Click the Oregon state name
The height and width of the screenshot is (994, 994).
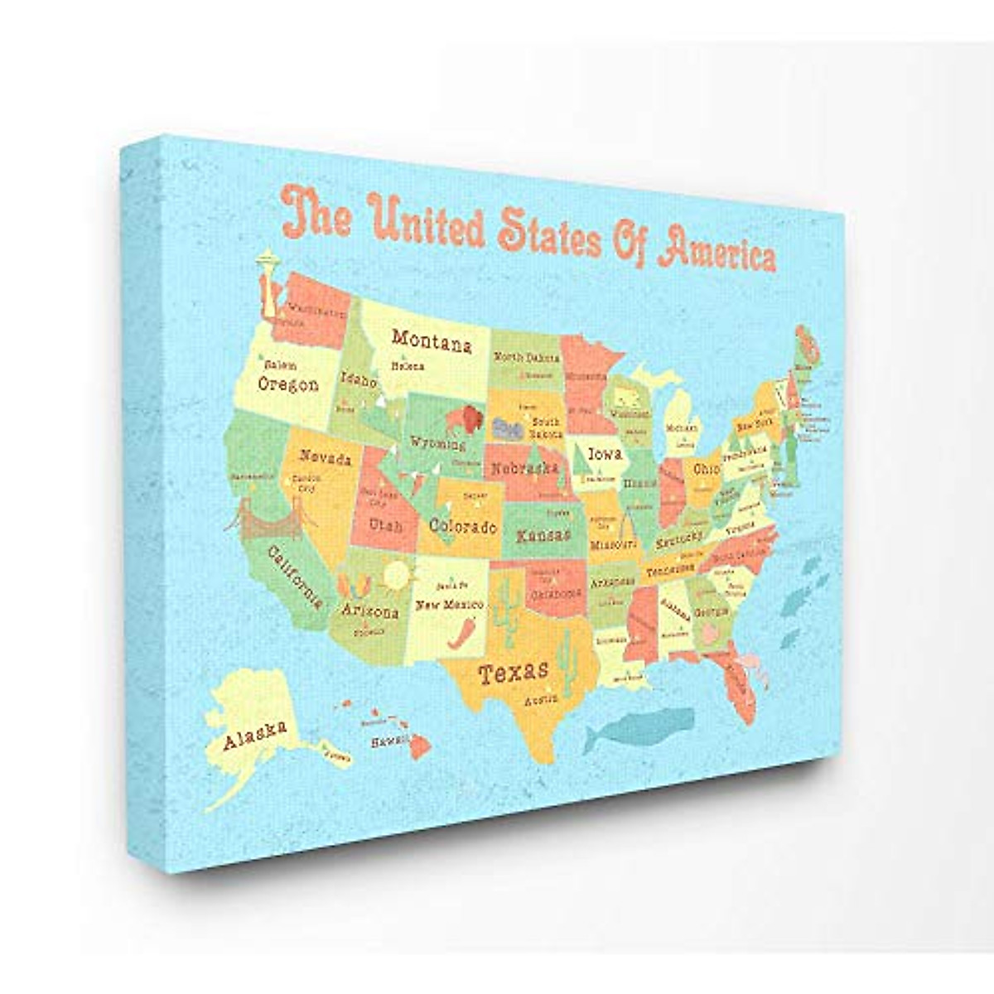(288, 384)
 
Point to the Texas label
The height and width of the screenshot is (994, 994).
(514, 671)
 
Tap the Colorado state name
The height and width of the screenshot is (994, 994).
(463, 526)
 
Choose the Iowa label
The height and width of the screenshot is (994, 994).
(605, 454)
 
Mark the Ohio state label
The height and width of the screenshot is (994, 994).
(707, 469)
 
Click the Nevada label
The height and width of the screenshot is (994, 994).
(325, 457)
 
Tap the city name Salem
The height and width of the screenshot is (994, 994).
(277, 364)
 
